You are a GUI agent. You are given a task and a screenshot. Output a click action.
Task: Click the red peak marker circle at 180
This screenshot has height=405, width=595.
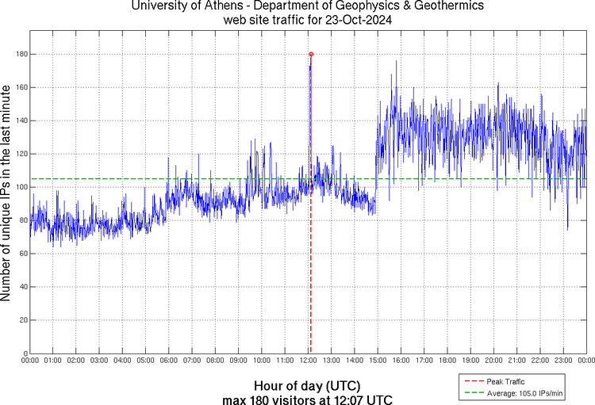(311, 54)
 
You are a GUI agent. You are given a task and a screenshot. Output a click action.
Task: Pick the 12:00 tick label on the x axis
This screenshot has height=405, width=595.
(309, 361)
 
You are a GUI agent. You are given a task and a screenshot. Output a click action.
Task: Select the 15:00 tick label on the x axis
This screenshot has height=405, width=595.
(378, 361)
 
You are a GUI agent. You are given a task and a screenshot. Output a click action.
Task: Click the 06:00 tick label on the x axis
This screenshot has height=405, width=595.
(170, 361)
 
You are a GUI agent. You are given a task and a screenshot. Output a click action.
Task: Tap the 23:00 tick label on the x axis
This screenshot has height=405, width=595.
(564, 361)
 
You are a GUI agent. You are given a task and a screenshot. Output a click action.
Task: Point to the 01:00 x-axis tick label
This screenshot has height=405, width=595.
(54, 361)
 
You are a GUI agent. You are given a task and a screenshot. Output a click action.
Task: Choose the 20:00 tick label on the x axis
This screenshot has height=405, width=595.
(494, 361)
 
